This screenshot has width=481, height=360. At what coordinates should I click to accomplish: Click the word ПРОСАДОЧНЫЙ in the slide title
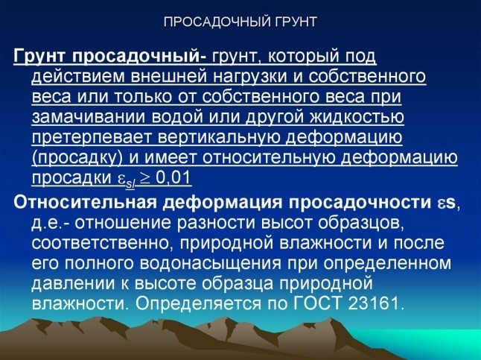(x=211, y=21)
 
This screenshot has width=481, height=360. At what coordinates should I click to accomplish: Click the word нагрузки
(x=243, y=77)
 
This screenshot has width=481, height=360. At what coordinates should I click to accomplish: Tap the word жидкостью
(x=354, y=118)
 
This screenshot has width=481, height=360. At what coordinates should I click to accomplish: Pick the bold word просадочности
(x=361, y=201)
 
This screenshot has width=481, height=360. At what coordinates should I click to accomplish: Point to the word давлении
(x=67, y=284)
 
